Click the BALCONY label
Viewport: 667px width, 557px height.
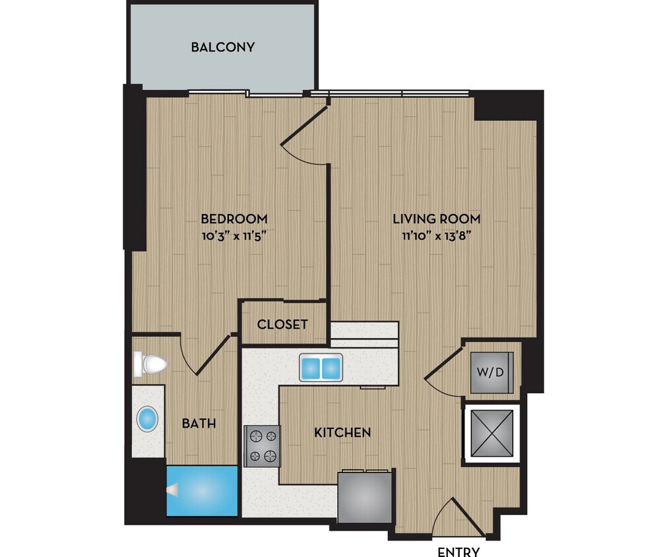pos(222,48)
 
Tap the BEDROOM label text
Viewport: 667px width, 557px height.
pos(234,218)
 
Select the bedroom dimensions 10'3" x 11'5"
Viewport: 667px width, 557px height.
pos(234,234)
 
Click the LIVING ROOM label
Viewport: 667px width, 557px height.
pos(436,218)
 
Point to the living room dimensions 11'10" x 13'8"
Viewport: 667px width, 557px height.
pos(436,234)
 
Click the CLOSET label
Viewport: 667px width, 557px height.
pos(282,324)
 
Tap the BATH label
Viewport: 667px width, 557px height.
pos(199,423)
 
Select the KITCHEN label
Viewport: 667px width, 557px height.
pos(342,433)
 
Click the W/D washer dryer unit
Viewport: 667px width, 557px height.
pos(490,372)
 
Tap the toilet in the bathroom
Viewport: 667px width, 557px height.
pos(150,364)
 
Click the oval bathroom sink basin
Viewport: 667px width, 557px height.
pos(147,419)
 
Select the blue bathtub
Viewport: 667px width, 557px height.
pos(201,490)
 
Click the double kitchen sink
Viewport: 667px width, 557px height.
pos(321,367)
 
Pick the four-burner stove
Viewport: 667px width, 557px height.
pos(263,447)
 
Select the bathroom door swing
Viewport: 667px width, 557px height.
pos(206,355)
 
